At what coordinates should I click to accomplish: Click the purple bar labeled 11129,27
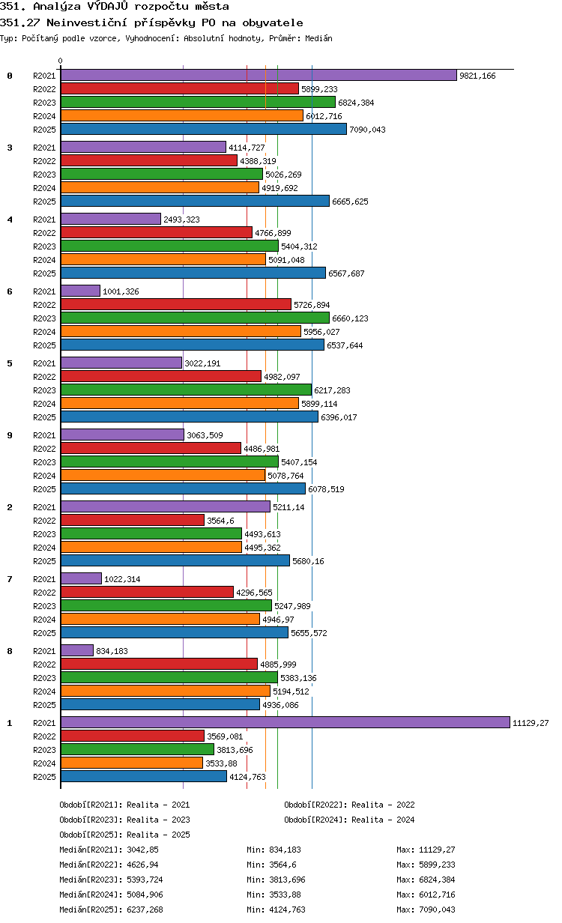click(x=285, y=722)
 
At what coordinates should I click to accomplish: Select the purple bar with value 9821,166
click(x=259, y=75)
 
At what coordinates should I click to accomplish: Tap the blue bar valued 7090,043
click(x=204, y=129)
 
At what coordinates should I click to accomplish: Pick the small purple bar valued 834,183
click(x=77, y=650)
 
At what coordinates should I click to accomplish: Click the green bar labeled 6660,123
click(x=195, y=318)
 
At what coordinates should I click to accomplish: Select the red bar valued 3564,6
click(x=133, y=520)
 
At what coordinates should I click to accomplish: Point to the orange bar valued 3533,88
click(x=132, y=763)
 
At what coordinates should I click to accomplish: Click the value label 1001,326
click(x=121, y=291)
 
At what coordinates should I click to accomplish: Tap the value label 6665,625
click(x=350, y=202)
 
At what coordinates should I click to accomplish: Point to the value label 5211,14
click(x=288, y=507)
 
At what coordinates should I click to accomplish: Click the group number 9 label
click(x=10, y=435)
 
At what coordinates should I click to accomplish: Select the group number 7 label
click(x=10, y=579)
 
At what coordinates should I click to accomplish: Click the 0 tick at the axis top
click(x=61, y=61)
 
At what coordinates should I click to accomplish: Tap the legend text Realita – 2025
click(x=158, y=835)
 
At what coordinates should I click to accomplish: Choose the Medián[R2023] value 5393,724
click(x=145, y=880)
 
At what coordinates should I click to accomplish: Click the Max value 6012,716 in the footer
click(x=437, y=895)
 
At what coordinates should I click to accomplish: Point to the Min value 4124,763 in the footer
click(x=287, y=909)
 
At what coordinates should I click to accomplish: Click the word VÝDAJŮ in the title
click(x=108, y=6)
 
